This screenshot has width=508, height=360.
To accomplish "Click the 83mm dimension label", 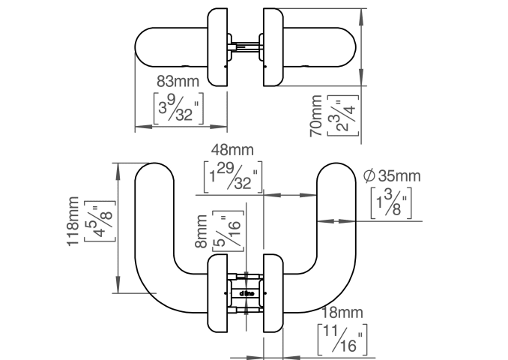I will pos(180,81).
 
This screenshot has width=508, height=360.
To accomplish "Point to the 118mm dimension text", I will pos(73,222).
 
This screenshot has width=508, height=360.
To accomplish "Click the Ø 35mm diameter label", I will pos(391,176).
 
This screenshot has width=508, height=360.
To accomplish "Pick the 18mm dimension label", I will pos(342,313).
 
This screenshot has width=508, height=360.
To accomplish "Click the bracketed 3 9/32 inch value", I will pos(180,106).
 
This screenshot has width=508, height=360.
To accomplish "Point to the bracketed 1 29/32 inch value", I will pos(232,178).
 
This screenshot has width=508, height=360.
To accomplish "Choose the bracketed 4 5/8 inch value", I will pos(96,222).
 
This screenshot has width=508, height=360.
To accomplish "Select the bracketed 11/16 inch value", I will pos(342,339).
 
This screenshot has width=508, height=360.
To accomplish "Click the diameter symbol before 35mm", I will pos(369,176).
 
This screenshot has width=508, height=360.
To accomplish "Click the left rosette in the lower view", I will pos(217,293).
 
